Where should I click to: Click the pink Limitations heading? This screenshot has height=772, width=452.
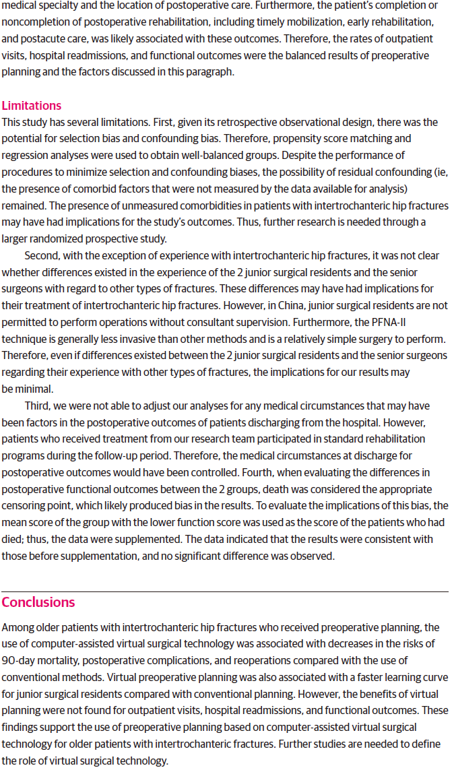[32, 106]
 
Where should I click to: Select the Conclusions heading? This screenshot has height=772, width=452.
[38, 602]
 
